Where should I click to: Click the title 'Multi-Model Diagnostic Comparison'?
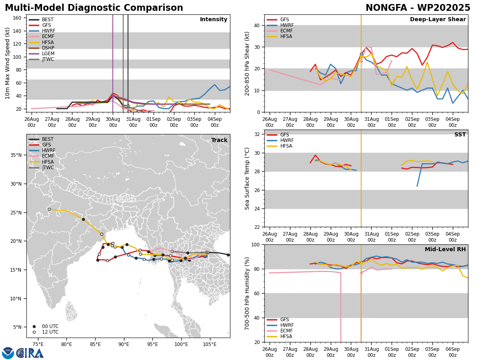point(94,8)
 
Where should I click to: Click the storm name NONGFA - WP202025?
point(418,8)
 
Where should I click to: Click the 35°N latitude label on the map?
point(16,155)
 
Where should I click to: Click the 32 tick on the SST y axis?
point(257,134)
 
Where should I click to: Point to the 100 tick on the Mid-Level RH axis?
point(256,245)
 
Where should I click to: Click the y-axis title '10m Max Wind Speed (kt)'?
point(8,63)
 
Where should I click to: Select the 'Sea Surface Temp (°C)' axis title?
point(247,178)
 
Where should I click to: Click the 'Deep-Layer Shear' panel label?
point(438,20)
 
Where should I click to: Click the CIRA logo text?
point(30,353)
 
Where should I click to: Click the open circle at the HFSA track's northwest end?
point(50,209)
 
